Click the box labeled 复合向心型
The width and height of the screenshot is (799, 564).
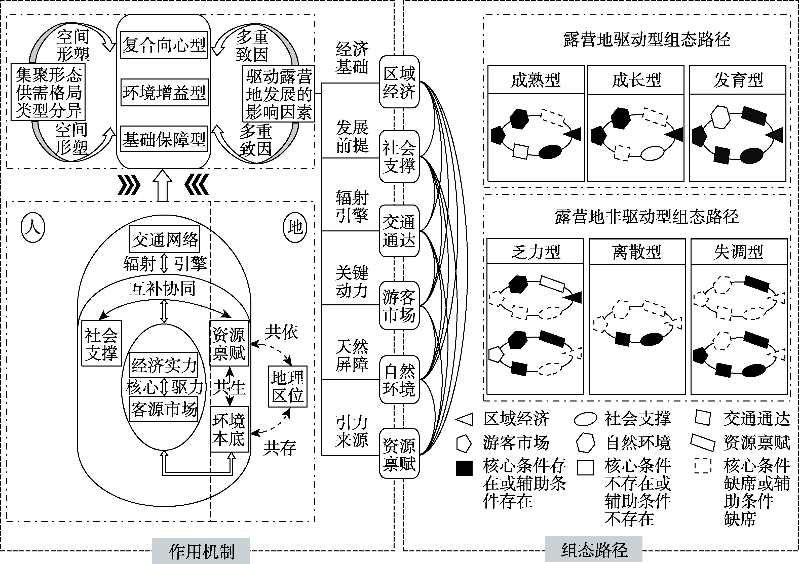tap(164, 45)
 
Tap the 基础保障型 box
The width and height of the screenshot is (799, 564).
tap(164, 139)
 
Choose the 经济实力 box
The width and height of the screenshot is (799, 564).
tap(164, 365)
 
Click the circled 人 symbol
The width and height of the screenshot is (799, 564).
tap(33, 228)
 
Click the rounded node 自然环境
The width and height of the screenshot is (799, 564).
tap(399, 380)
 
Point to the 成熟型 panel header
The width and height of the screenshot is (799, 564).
tap(536, 80)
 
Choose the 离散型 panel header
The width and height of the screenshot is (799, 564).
tap(637, 252)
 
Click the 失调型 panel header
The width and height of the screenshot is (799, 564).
tap(738, 252)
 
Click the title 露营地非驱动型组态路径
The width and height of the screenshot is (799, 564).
tap(646, 216)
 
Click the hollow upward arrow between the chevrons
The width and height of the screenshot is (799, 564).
tap(163, 185)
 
